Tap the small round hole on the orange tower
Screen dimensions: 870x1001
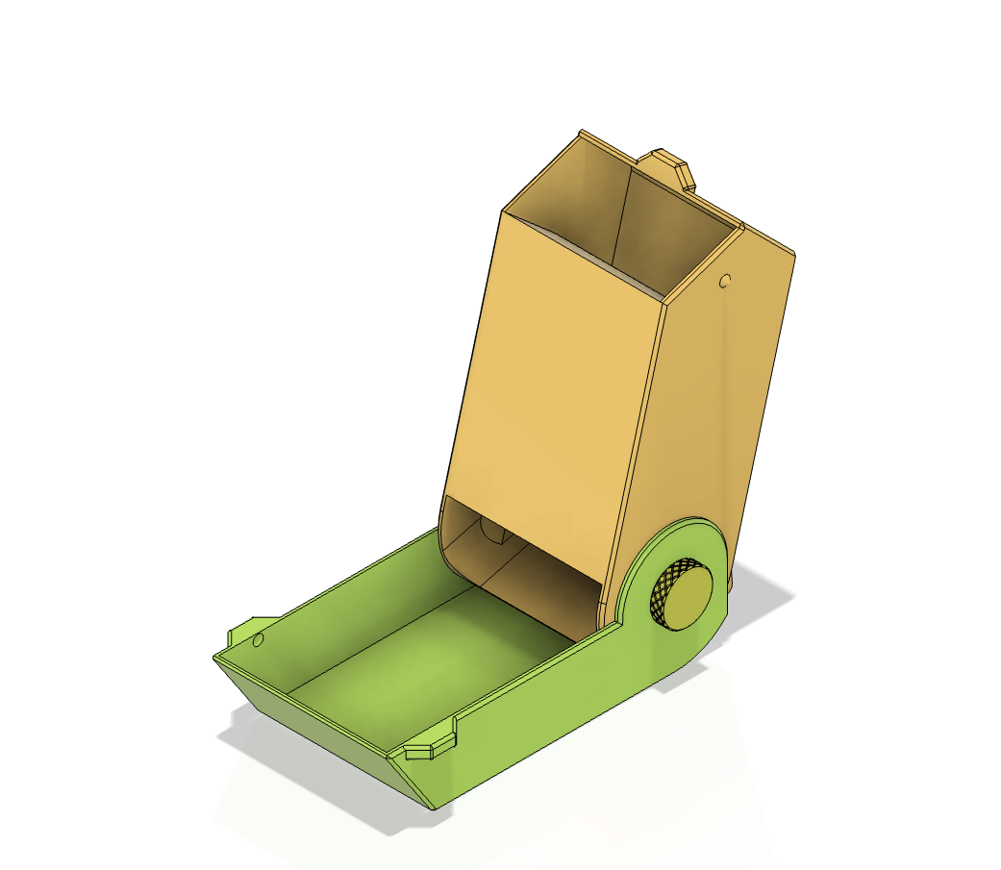[726, 282]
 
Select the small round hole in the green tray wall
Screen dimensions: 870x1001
[258, 639]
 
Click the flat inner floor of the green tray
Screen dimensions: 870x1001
[433, 654]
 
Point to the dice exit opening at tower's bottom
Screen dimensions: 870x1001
[519, 558]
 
